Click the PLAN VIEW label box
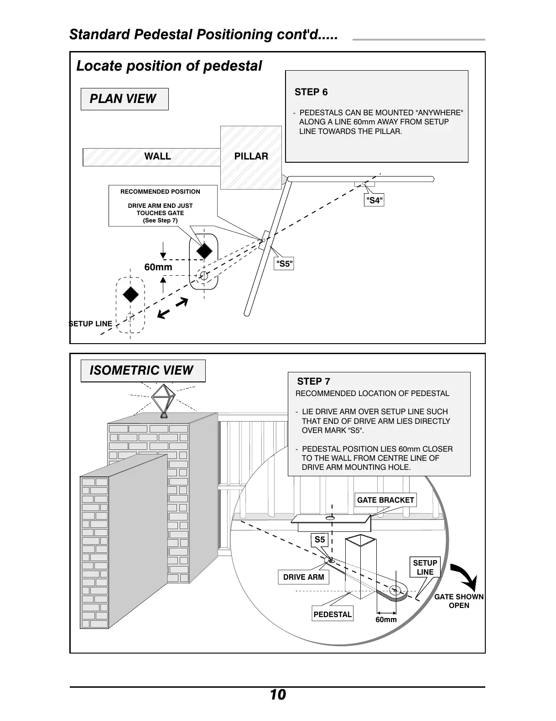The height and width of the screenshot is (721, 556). click(x=124, y=99)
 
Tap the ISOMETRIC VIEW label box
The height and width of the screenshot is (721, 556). click(x=142, y=371)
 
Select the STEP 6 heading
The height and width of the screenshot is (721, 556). click(x=311, y=92)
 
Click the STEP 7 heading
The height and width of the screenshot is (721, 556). click(x=313, y=381)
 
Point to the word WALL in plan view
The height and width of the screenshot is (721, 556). click(x=157, y=156)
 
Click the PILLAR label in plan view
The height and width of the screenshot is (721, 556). click(x=251, y=156)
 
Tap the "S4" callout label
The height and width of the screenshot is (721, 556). click(x=374, y=200)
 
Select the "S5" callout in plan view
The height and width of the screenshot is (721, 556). click(x=284, y=264)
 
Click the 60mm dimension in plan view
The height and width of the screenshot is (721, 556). click(x=158, y=267)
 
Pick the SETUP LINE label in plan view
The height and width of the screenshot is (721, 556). click(x=91, y=324)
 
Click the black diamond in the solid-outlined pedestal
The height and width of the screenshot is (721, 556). click(x=204, y=250)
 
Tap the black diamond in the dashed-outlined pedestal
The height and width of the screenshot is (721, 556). click(x=131, y=294)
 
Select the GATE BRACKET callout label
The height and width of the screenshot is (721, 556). click(x=385, y=500)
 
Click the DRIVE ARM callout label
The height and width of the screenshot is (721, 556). click(x=303, y=577)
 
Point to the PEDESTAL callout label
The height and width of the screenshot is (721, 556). click(x=333, y=614)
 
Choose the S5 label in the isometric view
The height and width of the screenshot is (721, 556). click(x=320, y=540)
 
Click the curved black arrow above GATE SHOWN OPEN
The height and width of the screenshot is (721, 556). click(x=465, y=577)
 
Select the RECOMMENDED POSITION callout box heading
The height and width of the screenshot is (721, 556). click(x=160, y=192)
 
